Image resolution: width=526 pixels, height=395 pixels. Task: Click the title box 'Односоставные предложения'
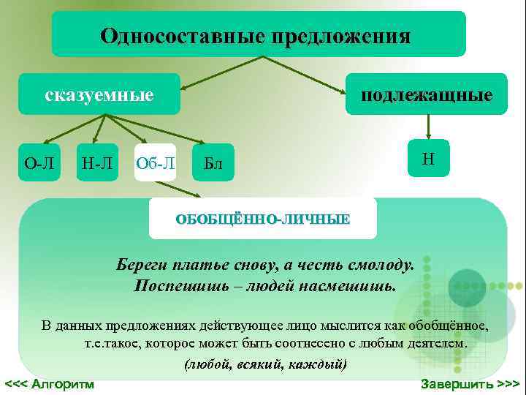click(258, 34)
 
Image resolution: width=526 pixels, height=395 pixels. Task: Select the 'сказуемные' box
click(99, 94)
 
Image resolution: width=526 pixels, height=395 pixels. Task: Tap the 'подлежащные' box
click(426, 94)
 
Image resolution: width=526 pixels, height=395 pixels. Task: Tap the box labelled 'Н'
click(429, 159)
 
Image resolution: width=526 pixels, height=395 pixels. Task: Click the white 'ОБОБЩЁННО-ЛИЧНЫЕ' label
click(263, 218)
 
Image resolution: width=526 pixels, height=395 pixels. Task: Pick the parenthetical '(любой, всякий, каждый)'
click(265, 364)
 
